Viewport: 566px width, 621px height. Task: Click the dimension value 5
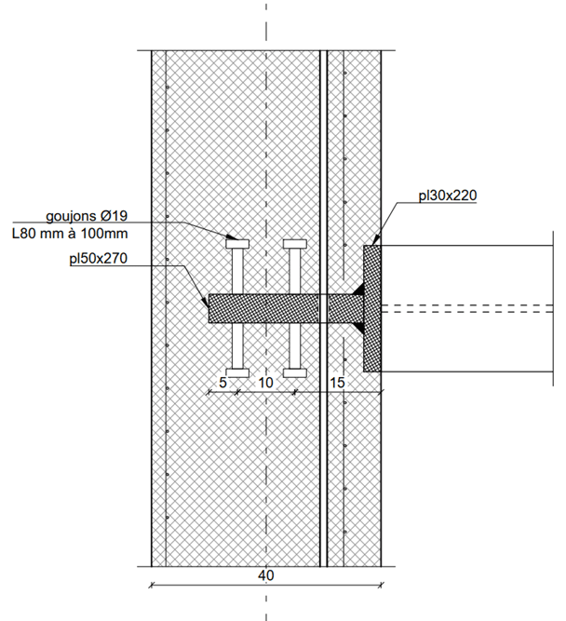(222, 383)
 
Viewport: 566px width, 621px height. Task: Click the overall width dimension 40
(266, 576)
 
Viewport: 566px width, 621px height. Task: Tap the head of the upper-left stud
(236, 244)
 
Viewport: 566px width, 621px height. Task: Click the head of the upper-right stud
(295, 244)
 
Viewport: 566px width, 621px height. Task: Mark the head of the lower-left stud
(236, 373)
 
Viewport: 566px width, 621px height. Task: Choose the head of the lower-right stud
(295, 373)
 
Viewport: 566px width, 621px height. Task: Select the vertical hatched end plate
(372, 308)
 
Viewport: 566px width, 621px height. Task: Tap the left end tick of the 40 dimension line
(151, 586)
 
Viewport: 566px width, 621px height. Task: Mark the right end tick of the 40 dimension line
(382, 586)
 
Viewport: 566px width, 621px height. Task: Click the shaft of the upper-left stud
(236, 271)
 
